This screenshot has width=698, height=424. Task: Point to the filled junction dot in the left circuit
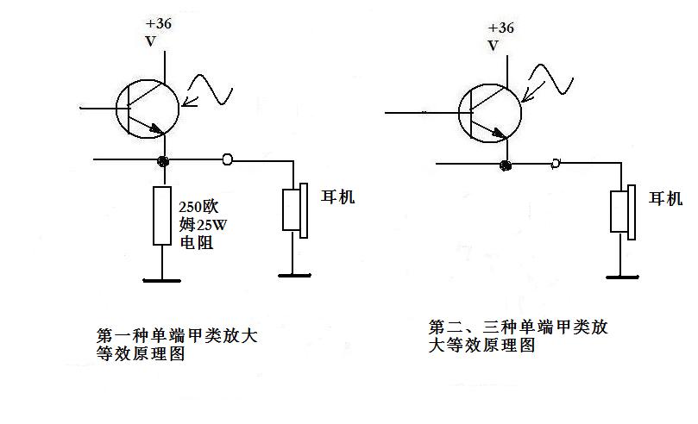pyautogui.click(x=163, y=161)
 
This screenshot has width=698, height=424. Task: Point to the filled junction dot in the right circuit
pyautogui.click(x=506, y=165)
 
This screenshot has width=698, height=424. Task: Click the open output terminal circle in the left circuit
pyautogui.click(x=227, y=159)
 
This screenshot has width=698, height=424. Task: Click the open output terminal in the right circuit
pyautogui.click(x=555, y=163)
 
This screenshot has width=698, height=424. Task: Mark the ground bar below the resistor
pyautogui.click(x=162, y=280)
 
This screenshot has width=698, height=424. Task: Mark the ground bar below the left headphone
pyautogui.click(x=294, y=276)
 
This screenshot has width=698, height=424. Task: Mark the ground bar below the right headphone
pyautogui.click(x=622, y=277)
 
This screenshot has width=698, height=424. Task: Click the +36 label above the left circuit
pyautogui.click(x=159, y=23)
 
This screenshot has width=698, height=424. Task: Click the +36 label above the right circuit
pyautogui.click(x=500, y=28)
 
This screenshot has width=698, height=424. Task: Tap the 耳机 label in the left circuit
pyautogui.click(x=338, y=196)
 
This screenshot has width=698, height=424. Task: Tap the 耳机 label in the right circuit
pyautogui.click(x=665, y=198)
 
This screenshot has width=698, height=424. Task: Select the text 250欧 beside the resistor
pyautogui.click(x=199, y=207)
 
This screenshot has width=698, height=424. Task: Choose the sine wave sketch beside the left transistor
pyautogui.click(x=208, y=90)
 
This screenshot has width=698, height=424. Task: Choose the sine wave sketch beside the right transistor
pyautogui.click(x=548, y=83)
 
